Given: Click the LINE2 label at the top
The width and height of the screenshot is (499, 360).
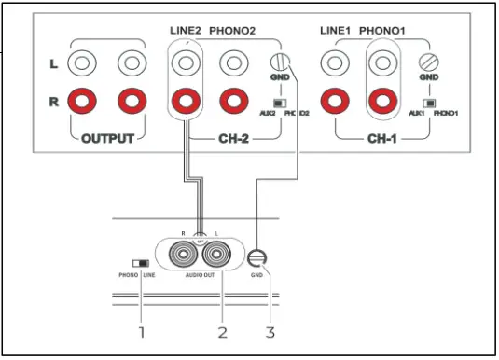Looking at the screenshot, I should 185,31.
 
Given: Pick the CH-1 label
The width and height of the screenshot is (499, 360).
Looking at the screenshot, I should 382,139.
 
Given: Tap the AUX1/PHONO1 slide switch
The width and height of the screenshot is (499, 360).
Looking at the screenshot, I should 430,103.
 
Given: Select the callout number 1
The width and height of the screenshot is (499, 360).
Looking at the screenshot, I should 142,331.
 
